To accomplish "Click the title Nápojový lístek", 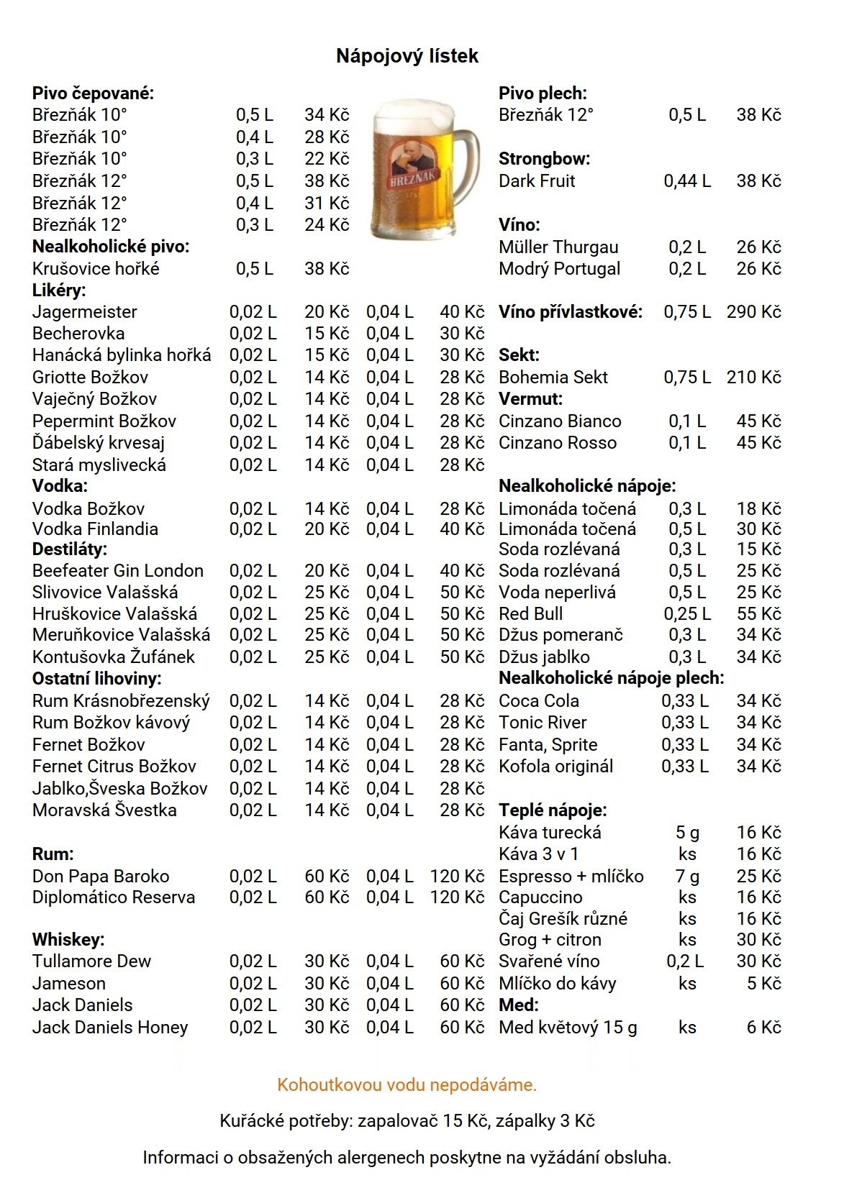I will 407,56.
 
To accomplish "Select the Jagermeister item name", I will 85,312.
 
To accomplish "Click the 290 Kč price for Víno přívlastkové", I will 753,312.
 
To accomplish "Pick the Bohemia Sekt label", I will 553,378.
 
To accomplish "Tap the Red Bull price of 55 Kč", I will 758,614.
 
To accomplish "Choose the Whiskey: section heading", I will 68,940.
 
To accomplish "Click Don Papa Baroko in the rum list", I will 101,877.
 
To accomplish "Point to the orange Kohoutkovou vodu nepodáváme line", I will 407,1084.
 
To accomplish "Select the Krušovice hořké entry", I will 96,269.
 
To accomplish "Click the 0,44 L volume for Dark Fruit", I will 687,181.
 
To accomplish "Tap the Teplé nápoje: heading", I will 553,810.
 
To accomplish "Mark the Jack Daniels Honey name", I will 110,1028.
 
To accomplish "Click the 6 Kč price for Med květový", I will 763,1028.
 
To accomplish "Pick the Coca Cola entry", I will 539,701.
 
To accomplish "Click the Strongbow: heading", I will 544,159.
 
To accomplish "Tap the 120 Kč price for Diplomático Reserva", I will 457,897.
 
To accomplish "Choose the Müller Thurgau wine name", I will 558,247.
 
